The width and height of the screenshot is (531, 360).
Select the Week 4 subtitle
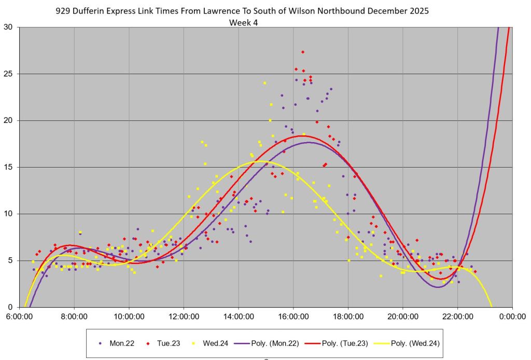(x=243, y=22)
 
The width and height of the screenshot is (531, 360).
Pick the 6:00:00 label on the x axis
(x=20, y=315)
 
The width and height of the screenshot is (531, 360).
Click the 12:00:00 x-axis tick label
(x=184, y=315)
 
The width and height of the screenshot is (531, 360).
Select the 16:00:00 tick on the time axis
(x=294, y=315)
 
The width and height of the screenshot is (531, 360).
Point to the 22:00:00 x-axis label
(x=458, y=315)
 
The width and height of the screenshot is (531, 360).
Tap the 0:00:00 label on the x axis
(x=512, y=315)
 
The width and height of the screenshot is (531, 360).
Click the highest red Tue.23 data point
(x=302, y=52)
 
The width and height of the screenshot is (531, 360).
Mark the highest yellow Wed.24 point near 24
(x=264, y=83)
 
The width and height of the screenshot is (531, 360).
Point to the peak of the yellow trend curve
(x=258, y=161)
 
